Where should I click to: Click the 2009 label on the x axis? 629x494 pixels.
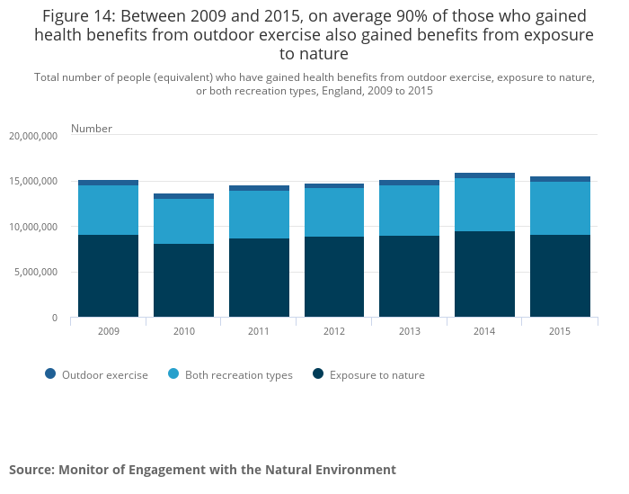point(108,332)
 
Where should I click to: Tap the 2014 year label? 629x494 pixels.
point(484,332)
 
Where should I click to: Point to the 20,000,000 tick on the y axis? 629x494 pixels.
point(32,136)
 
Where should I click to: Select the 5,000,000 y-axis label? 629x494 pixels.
point(35,272)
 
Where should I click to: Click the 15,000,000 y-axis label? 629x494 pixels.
point(32,182)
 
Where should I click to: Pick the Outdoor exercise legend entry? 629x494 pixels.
point(96,375)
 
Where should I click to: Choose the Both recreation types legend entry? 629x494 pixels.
point(230,375)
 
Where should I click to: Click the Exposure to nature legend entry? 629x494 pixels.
point(368,375)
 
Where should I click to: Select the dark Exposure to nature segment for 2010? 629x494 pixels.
point(183,281)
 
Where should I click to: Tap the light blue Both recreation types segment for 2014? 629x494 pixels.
point(484,205)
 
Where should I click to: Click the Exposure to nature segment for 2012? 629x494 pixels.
point(334,276)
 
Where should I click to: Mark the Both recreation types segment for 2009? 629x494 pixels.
point(108,211)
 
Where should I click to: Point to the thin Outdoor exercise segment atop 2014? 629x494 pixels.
point(484,175)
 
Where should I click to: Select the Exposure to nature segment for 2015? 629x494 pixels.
point(560,275)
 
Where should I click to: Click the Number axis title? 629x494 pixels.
point(92,129)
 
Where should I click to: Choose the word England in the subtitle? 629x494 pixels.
point(335,91)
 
